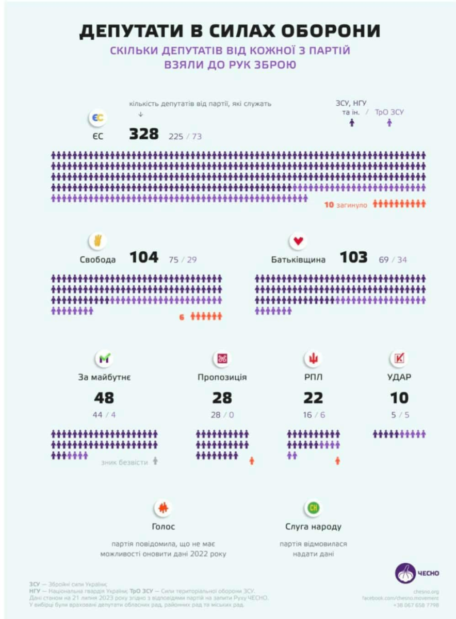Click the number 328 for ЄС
[x=144, y=134]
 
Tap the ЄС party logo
[x=97, y=119]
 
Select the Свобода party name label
[x=98, y=259]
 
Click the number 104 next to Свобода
[x=144, y=257]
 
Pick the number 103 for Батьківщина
[x=353, y=257]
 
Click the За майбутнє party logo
[x=104, y=359]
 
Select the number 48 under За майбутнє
[x=104, y=398]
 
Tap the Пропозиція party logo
[x=222, y=359]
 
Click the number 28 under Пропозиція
[x=222, y=398]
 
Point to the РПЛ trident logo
[x=313, y=359]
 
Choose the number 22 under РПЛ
[x=313, y=398]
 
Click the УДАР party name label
[x=399, y=377]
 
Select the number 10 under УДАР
[x=399, y=398]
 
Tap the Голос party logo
[x=163, y=508]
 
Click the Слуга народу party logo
[x=313, y=508]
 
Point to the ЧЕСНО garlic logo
[x=405, y=573]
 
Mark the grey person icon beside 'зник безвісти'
[x=155, y=462]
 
